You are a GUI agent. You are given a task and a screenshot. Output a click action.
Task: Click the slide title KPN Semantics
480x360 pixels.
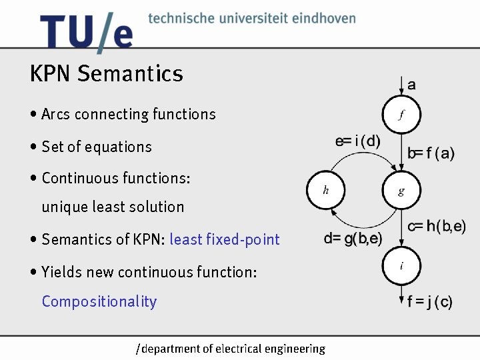pyautogui.click(x=106, y=73)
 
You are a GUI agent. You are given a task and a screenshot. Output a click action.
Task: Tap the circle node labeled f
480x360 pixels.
pyautogui.click(x=401, y=115)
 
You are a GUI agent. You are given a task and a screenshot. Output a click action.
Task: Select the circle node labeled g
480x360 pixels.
pyautogui.click(x=401, y=191)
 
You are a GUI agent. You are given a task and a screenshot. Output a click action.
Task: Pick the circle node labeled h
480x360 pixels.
pyautogui.click(x=325, y=191)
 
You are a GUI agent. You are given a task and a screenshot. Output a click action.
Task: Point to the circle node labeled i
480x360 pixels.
pyautogui.click(x=401, y=266)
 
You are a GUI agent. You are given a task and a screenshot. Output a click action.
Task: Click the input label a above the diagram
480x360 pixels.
pyautogui.click(x=411, y=85)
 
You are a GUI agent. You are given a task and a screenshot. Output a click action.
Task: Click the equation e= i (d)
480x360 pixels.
pyautogui.click(x=358, y=141)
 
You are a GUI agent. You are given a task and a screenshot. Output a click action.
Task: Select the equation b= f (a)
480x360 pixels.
pyautogui.click(x=431, y=154)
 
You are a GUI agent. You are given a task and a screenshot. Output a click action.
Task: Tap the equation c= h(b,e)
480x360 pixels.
pyautogui.click(x=437, y=227)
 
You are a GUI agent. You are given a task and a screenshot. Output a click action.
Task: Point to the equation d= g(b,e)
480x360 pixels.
pyautogui.click(x=353, y=239)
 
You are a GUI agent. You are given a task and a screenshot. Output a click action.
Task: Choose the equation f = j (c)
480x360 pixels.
pyautogui.click(x=430, y=302)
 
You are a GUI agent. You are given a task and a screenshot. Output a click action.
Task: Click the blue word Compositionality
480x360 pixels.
pyautogui.click(x=99, y=301)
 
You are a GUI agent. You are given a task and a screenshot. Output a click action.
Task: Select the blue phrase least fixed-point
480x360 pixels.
pyautogui.click(x=225, y=239)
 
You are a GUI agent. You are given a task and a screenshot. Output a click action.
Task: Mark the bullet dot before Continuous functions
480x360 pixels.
pyautogui.click(x=33, y=179)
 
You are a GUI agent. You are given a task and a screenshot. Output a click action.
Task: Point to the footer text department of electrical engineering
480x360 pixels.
pyautogui.click(x=231, y=349)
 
